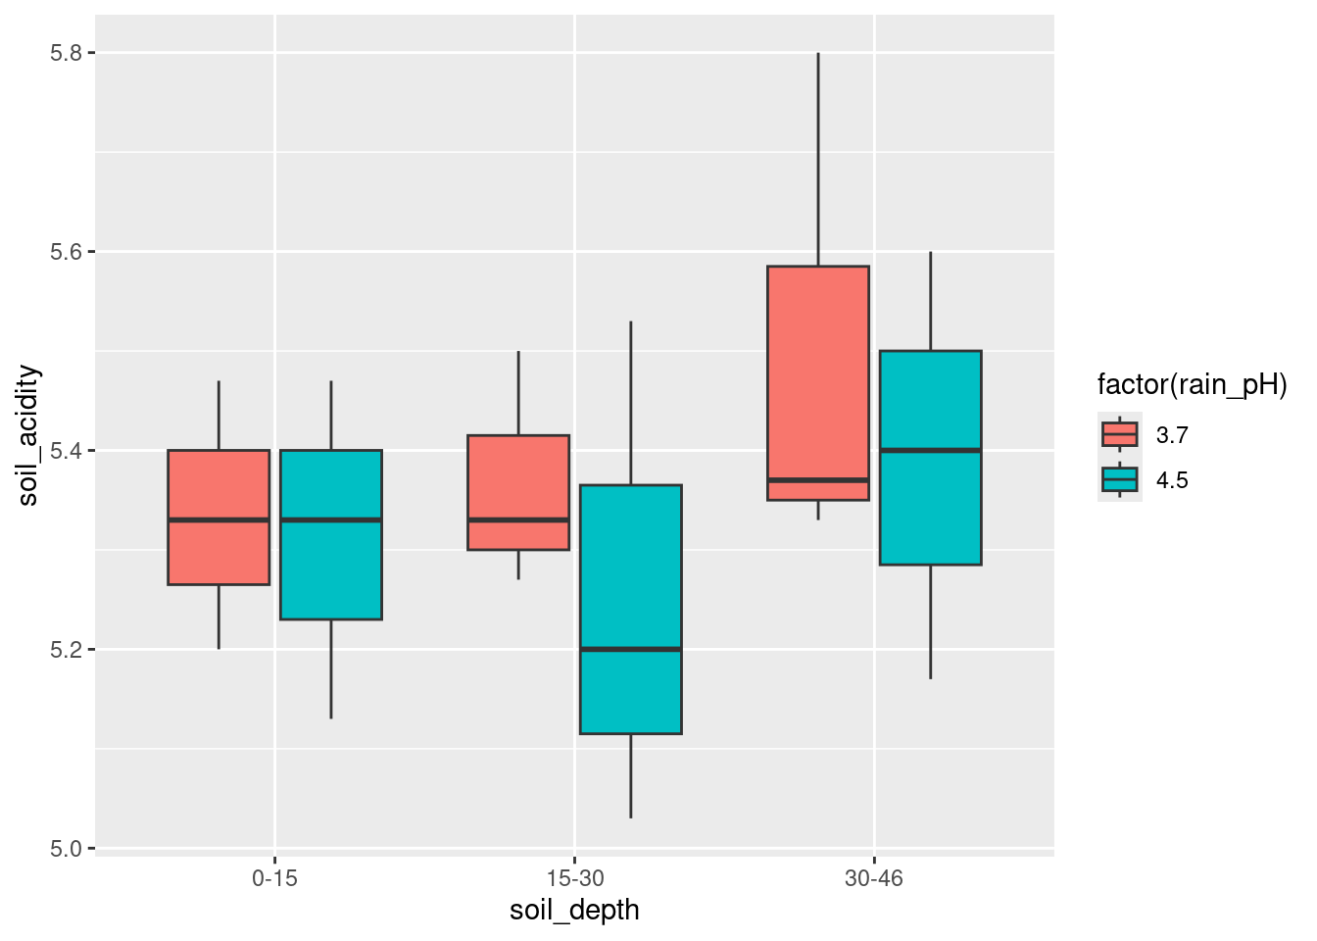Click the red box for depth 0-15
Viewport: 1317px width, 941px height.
(x=219, y=517)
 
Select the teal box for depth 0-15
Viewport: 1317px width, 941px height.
(x=331, y=534)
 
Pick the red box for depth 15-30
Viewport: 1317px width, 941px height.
(x=518, y=492)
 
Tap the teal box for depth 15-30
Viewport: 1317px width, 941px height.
(x=631, y=608)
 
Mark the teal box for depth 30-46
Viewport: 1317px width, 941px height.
(x=931, y=457)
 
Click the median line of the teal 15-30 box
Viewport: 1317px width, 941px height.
(x=631, y=649)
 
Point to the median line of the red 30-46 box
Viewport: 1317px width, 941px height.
(x=818, y=479)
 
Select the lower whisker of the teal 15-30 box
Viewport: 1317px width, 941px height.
(x=631, y=775)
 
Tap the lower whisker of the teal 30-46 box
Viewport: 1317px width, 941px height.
(x=931, y=621)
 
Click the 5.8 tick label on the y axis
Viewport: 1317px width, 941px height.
(x=66, y=53)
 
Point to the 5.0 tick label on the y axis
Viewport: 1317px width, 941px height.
(x=66, y=848)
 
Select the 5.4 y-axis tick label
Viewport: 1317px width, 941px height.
(x=66, y=451)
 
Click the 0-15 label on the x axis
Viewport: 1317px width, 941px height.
(x=274, y=878)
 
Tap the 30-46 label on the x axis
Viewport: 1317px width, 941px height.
(x=874, y=878)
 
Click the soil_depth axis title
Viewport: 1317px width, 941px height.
(x=574, y=911)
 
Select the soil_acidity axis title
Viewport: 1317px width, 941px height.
(x=28, y=435)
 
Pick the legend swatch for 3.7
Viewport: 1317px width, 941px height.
(x=1120, y=434)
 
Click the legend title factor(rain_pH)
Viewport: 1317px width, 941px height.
(x=1192, y=384)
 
